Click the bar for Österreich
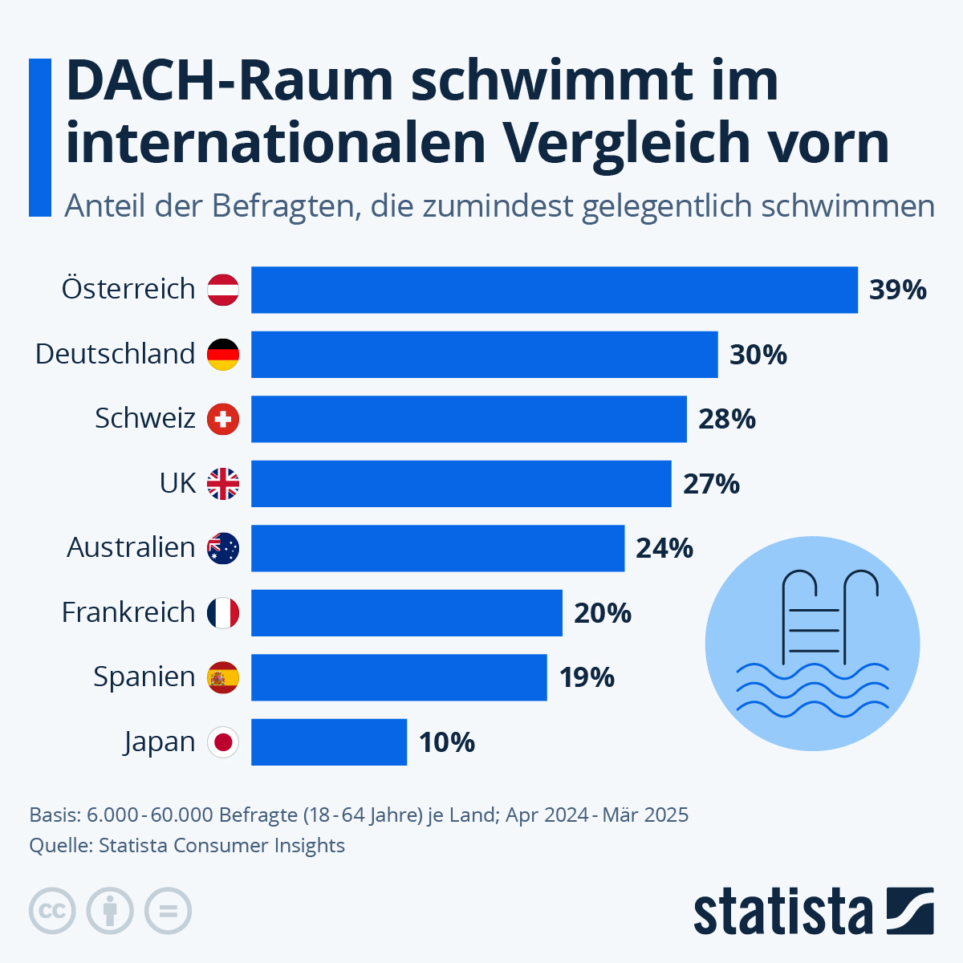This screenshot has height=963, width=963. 554,290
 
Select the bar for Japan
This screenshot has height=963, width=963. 329,742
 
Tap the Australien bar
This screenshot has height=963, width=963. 437,548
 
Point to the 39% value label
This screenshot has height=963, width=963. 897,290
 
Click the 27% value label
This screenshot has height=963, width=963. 711,484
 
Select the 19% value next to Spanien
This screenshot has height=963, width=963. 587,678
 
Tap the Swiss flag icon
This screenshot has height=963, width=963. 223,419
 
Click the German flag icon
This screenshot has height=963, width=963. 223,355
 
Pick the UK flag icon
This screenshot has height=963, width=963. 223,484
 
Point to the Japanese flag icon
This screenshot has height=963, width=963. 223,742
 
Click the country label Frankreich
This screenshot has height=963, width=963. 128,613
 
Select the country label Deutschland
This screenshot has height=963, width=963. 115,355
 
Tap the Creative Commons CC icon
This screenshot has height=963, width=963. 52,911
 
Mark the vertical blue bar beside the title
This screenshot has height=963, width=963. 39,137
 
